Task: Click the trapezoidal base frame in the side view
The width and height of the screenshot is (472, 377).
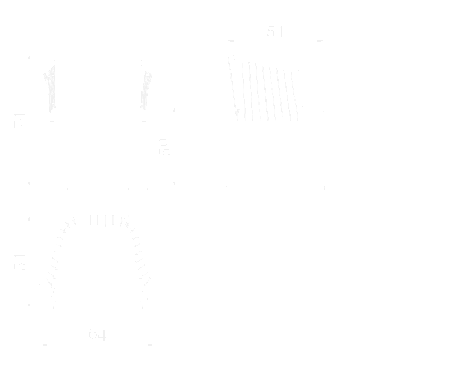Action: point(275,157)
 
